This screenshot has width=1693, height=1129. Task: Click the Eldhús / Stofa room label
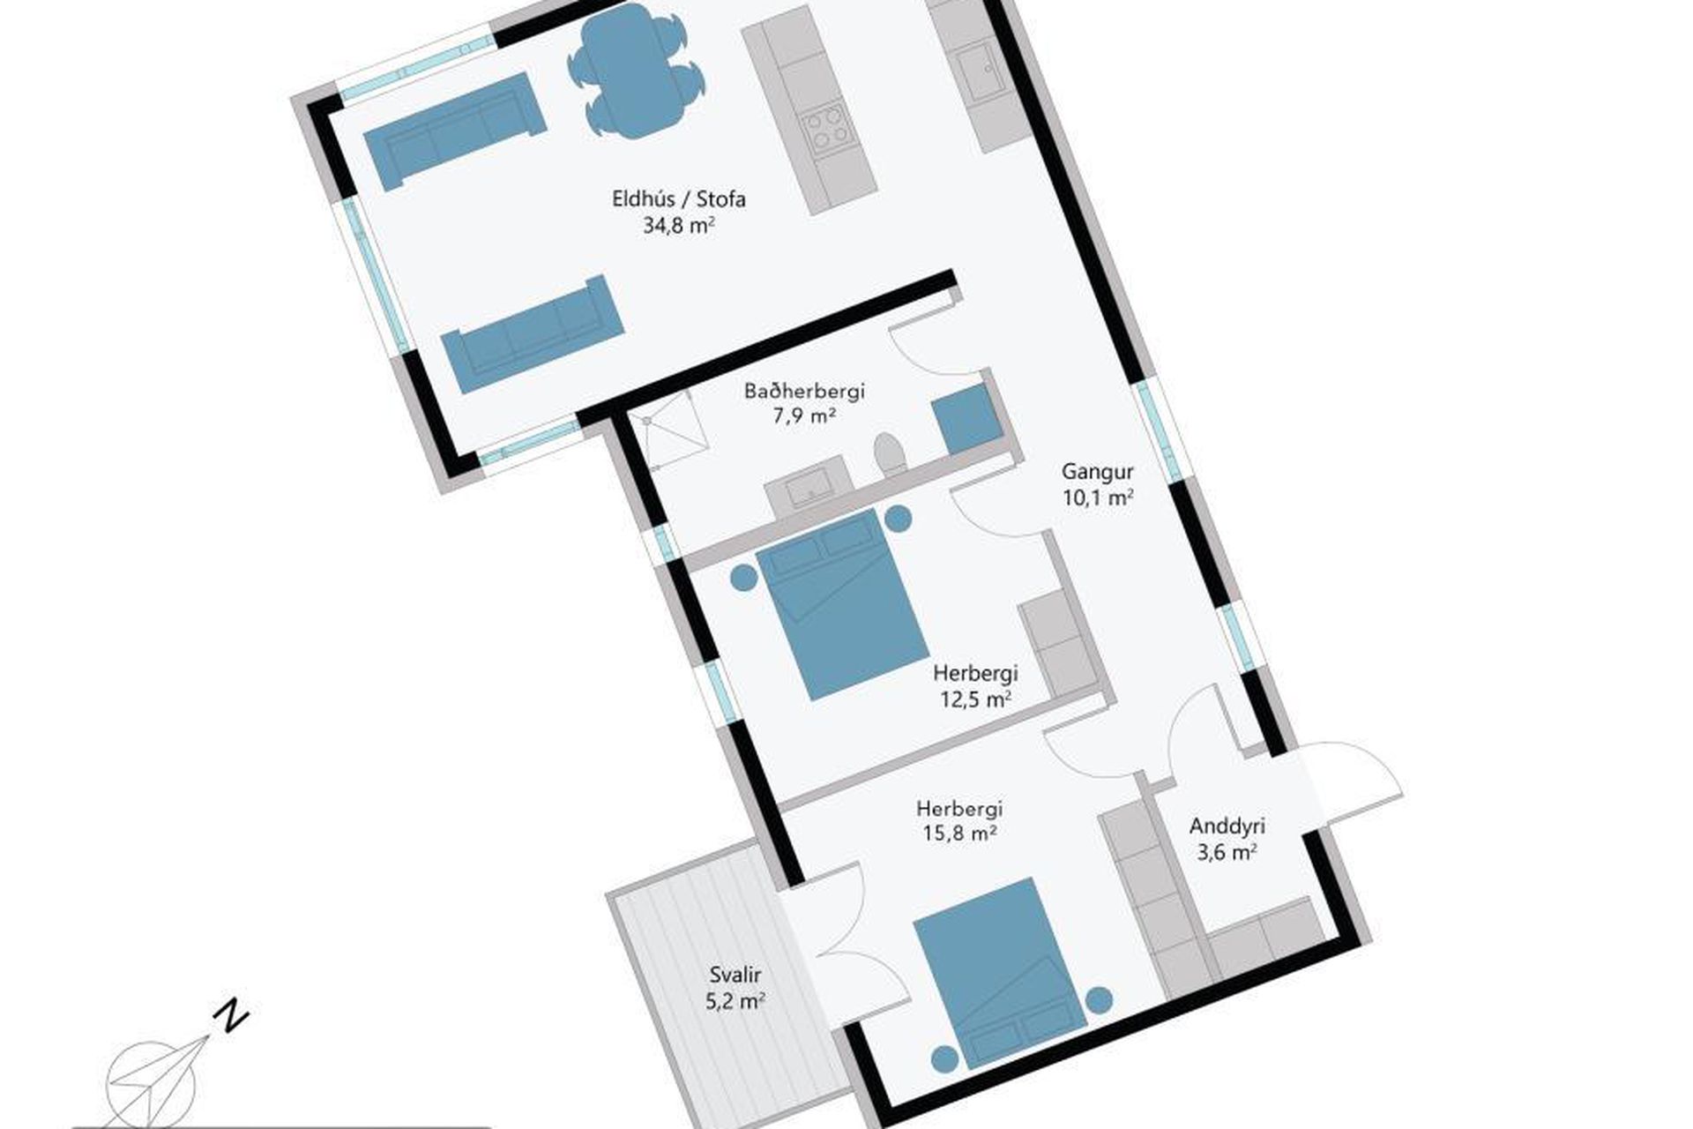(679, 199)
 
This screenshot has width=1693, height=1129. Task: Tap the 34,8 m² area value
(678, 226)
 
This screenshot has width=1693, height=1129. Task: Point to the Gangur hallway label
(1098, 471)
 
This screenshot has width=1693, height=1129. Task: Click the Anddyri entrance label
(1227, 826)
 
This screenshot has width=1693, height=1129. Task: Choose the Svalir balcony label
(735, 976)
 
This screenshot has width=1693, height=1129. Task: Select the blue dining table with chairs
(636, 70)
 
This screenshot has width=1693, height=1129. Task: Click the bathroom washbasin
(807, 488)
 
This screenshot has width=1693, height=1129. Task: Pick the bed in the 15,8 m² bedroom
(1000, 974)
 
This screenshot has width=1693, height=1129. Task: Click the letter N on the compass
(231, 1016)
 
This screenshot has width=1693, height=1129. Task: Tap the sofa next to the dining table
(455, 131)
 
